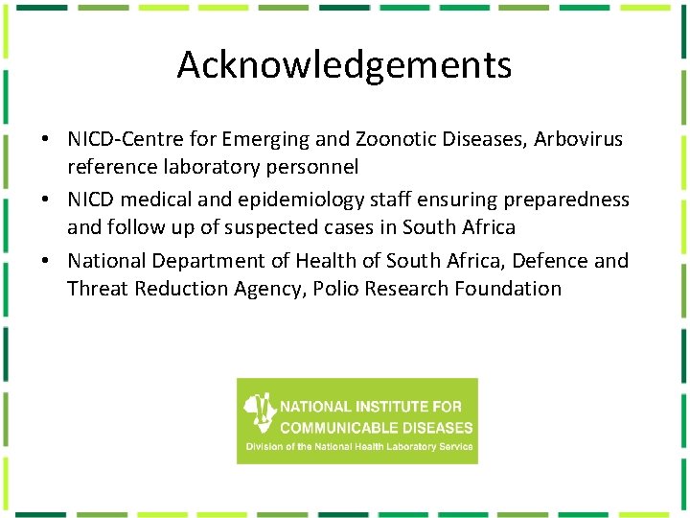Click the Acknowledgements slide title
click(x=344, y=65)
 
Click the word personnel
click(x=313, y=167)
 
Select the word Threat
click(x=97, y=288)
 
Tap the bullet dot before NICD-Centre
click(x=45, y=140)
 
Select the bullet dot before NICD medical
click(x=45, y=200)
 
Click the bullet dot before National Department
click(x=45, y=261)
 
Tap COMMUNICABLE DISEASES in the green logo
click(x=377, y=427)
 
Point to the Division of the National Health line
click(x=358, y=447)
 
